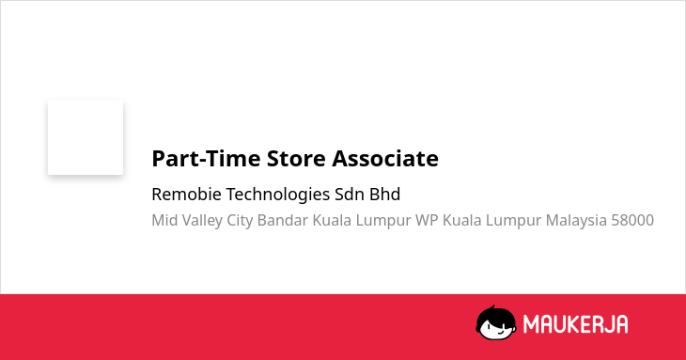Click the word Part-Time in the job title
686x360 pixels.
(206, 159)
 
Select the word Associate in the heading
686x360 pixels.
(385, 158)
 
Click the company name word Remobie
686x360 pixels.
(186, 195)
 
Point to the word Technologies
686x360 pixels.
(278, 196)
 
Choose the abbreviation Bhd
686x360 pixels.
(384, 195)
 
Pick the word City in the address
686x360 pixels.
(240, 221)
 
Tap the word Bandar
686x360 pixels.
(283, 220)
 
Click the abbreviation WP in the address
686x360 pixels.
(427, 220)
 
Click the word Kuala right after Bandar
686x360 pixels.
(332, 220)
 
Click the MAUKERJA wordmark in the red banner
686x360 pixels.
(576, 324)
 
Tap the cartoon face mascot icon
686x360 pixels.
(496, 322)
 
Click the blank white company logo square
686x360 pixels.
(86, 137)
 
